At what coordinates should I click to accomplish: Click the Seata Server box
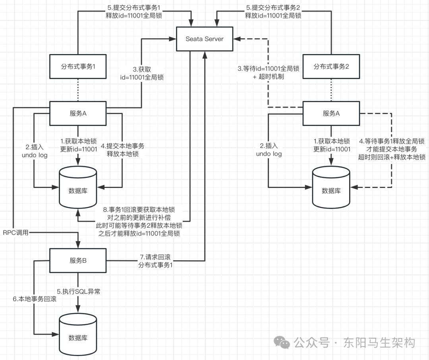pyautogui.click(x=205, y=39)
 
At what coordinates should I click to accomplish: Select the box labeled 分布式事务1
pyautogui.click(x=78, y=67)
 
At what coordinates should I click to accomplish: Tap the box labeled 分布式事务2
pyautogui.click(x=331, y=67)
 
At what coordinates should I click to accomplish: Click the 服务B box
pyautogui.click(x=78, y=261)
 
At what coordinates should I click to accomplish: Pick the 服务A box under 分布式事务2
pyautogui.click(x=331, y=113)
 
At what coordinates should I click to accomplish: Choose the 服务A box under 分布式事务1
pyautogui.click(x=78, y=113)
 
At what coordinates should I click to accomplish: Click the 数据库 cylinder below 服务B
pyautogui.click(x=78, y=338)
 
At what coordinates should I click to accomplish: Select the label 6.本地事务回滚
pyautogui.click(x=34, y=299)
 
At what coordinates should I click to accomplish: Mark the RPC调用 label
pyautogui.click(x=16, y=232)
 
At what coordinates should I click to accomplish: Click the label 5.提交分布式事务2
pyautogui.click(x=273, y=12)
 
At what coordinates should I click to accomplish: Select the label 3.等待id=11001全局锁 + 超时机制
pyautogui.click(x=269, y=73)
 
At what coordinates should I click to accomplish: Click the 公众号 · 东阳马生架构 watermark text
pyautogui.click(x=354, y=343)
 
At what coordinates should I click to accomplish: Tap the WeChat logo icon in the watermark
pyautogui.click(x=283, y=342)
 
